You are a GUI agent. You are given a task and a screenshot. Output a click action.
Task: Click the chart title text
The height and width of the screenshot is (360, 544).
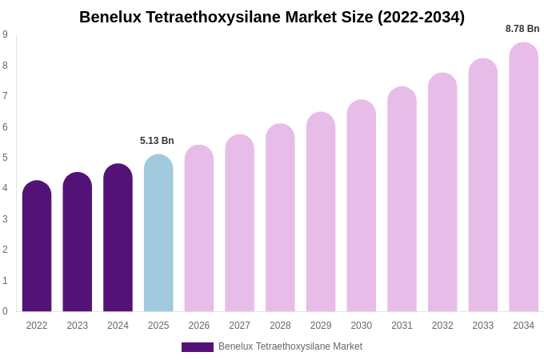coord(272,17)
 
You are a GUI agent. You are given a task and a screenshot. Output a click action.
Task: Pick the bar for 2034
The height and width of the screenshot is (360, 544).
coord(523,177)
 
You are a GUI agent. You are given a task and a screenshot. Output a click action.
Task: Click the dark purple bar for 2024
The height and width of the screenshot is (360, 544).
coord(118,238)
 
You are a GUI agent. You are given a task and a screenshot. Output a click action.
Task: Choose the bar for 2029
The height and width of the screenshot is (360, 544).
coord(321,212)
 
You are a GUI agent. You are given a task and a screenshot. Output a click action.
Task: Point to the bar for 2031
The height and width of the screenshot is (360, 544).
coord(402,199)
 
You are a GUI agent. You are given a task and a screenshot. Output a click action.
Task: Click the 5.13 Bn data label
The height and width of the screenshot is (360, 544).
coord(157,141)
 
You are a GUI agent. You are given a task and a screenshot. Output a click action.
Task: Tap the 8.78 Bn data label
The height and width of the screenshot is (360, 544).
coord(522,29)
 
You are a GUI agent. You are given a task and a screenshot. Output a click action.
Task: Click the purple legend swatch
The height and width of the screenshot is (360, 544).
coord(198,347)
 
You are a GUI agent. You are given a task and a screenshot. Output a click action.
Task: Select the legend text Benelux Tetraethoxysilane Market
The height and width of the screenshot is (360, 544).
coord(290,346)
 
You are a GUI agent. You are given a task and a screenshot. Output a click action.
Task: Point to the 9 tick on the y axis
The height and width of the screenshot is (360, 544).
coord(5,34)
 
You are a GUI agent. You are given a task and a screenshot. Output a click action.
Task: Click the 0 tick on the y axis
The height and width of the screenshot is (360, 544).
coord(5,311)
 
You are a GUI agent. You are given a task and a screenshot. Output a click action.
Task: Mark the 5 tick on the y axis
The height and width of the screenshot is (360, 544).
coord(5,158)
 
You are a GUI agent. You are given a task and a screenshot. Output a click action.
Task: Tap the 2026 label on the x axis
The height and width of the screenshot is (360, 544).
coord(199,326)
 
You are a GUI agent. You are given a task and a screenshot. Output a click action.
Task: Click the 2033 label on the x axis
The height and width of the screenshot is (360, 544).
coord(482,326)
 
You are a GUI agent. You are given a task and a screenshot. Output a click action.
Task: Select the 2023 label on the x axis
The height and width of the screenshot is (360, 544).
coord(78,326)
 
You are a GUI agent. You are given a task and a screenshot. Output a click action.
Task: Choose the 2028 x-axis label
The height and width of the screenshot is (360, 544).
coord(280,326)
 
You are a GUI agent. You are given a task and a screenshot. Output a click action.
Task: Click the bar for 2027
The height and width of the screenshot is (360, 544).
coord(239,223)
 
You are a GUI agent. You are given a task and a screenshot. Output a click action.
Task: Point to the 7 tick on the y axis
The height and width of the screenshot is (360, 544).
coord(5,96)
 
